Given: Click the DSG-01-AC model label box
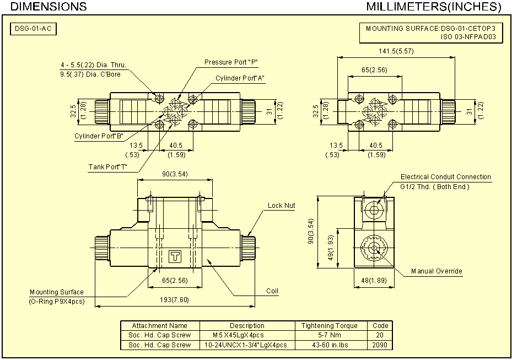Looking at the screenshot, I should click(x=34, y=29).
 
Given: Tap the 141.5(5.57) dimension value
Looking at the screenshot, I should click(x=396, y=51).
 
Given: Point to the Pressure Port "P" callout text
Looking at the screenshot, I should click(x=231, y=62).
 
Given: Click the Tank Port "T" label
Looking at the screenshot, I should click(x=108, y=167).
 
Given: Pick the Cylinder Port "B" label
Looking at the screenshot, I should click(x=99, y=136).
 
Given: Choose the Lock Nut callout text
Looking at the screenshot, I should click(x=281, y=206).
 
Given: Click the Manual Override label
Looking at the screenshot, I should click(x=436, y=271).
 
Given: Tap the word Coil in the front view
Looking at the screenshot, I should click(x=272, y=291).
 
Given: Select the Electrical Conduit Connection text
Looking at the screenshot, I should click(x=445, y=177).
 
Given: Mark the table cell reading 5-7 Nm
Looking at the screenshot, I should click(x=330, y=335).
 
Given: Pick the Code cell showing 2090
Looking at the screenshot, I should click(x=380, y=345).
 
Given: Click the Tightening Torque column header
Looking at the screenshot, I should click(x=330, y=326).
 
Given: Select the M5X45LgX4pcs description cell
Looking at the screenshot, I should click(x=239, y=335).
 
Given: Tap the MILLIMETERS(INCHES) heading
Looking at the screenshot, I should click(x=433, y=7).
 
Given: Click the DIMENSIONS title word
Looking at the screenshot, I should click(x=49, y=7).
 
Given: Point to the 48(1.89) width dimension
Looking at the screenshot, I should click(x=374, y=281).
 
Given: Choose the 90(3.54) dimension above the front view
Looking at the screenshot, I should click(x=175, y=175).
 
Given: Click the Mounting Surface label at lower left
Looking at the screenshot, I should click(x=57, y=292).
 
